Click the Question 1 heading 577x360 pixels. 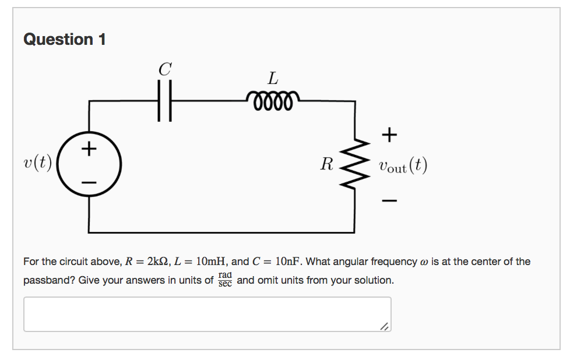click(x=65, y=40)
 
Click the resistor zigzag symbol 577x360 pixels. click(x=355, y=165)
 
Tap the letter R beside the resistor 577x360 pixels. click(x=327, y=165)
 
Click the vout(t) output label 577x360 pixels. click(x=402, y=166)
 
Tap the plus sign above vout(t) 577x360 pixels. click(x=389, y=135)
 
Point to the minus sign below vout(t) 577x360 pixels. click(x=389, y=202)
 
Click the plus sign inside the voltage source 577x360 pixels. click(x=89, y=149)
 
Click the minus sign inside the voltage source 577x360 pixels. click(x=89, y=183)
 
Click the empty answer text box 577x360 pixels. click(x=207, y=315)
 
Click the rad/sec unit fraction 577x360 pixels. click(x=225, y=279)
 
